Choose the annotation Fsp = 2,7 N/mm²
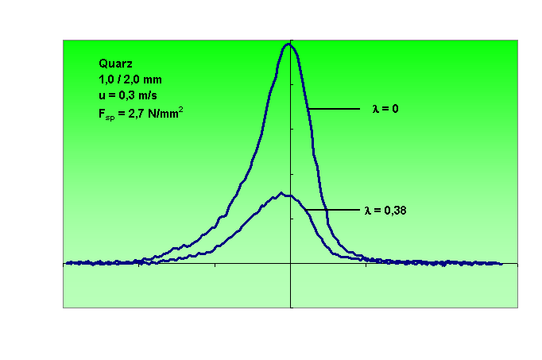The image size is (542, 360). (137, 113)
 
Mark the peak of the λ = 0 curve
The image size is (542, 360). (288, 45)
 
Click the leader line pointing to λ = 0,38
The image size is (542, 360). (333, 210)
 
